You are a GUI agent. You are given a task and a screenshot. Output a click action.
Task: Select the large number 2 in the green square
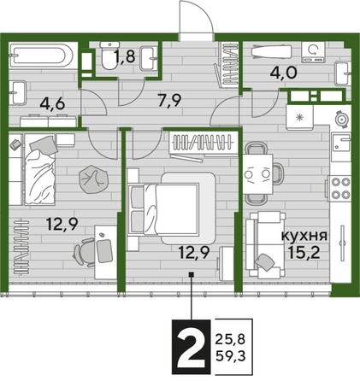192,346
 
